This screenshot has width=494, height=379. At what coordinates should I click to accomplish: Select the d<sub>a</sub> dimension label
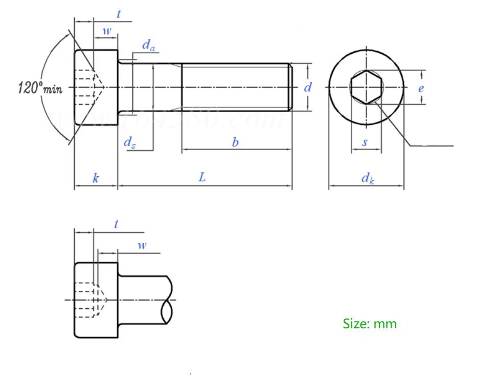click(148, 46)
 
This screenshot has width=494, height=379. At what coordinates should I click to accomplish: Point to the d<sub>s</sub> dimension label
click(130, 142)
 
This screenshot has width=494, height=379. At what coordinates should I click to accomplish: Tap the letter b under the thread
click(235, 142)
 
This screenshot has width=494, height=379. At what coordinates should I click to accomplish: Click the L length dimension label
click(203, 177)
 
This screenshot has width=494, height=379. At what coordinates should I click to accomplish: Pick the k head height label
click(96, 178)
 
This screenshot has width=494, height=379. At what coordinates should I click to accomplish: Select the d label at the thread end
click(308, 87)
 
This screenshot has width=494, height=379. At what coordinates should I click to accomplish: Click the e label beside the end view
click(421, 88)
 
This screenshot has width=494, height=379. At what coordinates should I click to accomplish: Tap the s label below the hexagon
click(365, 142)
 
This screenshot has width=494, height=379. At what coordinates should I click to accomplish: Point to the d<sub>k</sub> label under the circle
click(368, 178)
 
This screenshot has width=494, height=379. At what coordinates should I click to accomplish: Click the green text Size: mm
click(369, 324)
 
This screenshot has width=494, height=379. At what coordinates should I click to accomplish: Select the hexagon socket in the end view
click(366, 87)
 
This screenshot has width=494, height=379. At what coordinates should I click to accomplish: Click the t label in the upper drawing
click(119, 14)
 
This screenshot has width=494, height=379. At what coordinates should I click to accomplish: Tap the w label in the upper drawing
click(106, 31)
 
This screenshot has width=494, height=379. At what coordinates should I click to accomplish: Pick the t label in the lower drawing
click(117, 224)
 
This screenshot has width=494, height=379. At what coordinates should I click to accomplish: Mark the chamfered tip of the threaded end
click(290, 87)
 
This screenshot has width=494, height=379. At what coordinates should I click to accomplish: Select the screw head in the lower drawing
click(96, 300)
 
